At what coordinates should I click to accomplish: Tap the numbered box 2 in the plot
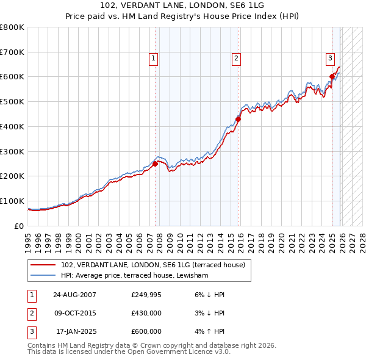coord(235,59)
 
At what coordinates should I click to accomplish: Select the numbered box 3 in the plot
coord(329,59)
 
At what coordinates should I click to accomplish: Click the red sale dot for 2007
coord(155,164)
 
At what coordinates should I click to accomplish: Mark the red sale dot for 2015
coord(239,119)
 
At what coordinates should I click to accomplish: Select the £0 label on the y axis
coord(18,226)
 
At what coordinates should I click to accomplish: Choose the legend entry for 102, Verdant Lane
coord(152,265)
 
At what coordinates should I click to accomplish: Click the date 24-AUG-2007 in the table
coord(74,295)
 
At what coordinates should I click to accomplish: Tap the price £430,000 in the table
coord(146,313)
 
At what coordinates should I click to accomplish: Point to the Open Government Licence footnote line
coord(129,352)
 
